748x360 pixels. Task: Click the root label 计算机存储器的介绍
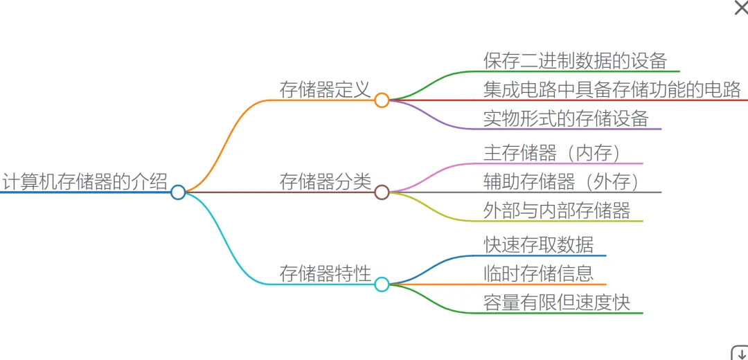tap(84, 181)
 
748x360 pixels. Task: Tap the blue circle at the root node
tap(178, 192)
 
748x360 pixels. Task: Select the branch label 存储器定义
tap(325, 89)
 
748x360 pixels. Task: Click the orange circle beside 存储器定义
tap(382, 100)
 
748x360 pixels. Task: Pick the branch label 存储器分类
tap(325, 181)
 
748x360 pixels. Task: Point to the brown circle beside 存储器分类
tap(382, 192)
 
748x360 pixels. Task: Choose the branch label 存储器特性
tap(325, 273)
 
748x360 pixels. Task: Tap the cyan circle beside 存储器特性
tap(382, 285)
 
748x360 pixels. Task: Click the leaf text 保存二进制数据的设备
tap(575, 60)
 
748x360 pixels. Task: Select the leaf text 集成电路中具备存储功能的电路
tap(612, 89)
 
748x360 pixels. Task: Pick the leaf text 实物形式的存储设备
tap(566, 118)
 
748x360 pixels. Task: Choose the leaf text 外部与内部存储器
tap(557, 210)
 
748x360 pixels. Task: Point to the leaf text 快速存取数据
tap(538, 244)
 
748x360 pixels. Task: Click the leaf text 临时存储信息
tap(538, 273)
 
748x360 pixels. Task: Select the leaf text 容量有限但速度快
tap(557, 303)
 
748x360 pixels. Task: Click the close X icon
tap(740, 8)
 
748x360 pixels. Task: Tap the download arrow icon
tap(739, 352)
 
